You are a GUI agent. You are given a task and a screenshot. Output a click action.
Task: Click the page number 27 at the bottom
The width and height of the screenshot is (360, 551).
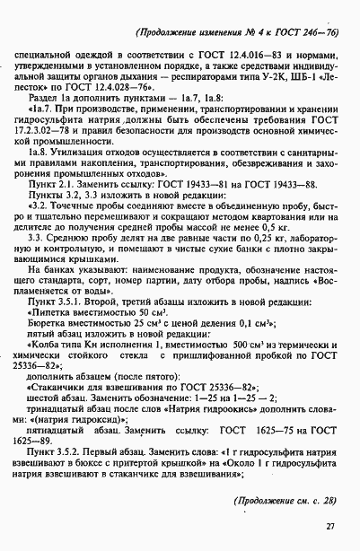point(329,527)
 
